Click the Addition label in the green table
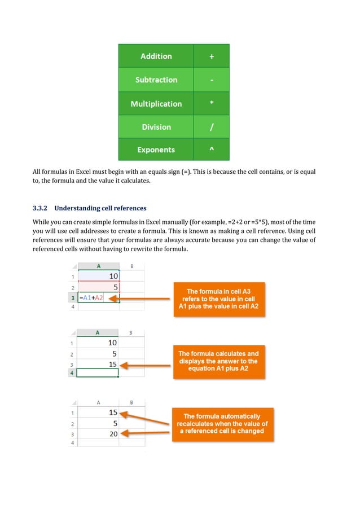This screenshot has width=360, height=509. tap(156, 56)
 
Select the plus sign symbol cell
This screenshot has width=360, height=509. tap(211, 56)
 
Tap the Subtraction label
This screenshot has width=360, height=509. tap(156, 80)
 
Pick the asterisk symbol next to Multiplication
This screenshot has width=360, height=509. tap(211, 104)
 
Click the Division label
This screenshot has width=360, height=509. tap(156, 127)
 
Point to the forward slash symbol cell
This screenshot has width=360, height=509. tap(211, 127)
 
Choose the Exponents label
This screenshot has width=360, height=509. tap(156, 150)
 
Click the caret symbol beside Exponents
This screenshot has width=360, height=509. tap(211, 150)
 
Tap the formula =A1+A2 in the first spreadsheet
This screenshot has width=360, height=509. tap(91, 298)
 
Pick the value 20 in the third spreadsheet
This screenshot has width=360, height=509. tap(112, 433)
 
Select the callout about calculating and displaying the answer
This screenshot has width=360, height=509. tap(218, 361)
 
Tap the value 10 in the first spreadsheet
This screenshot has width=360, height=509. tap(112, 277)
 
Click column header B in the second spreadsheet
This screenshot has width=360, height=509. tap(131, 332)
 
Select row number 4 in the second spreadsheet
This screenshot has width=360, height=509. tap(72, 374)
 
